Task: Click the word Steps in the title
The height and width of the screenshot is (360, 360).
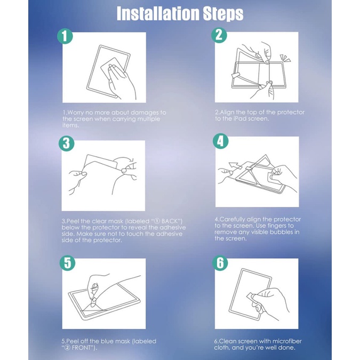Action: click(x=223, y=14)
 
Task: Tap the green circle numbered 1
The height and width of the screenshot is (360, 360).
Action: click(x=65, y=36)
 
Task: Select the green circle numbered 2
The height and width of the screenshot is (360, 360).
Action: click(x=219, y=35)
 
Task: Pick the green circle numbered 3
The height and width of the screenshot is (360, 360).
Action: click(x=66, y=143)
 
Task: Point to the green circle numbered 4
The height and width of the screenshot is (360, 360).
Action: click(x=220, y=141)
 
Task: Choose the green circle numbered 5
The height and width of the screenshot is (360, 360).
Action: click(x=68, y=262)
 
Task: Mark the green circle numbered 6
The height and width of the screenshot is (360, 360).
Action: click(x=220, y=262)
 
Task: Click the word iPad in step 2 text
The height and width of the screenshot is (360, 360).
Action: click(x=241, y=119)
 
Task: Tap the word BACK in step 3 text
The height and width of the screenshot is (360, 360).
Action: click(x=170, y=221)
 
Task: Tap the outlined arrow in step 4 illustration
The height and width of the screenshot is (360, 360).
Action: click(x=235, y=165)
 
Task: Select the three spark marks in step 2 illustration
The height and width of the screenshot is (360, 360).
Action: click(x=285, y=58)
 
